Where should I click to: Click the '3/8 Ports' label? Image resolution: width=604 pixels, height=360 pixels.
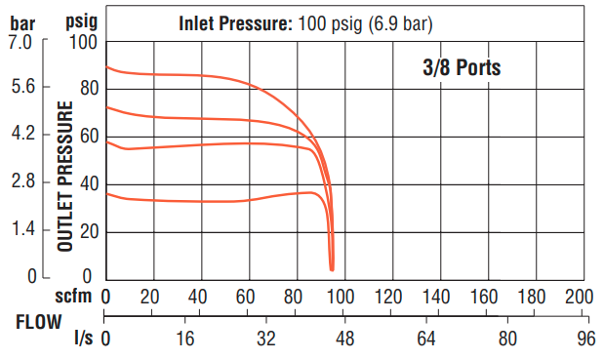[461, 69]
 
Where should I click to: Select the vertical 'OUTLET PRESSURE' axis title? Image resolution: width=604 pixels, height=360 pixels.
[67, 180]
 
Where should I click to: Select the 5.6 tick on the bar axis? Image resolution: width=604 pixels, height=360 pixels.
[23, 88]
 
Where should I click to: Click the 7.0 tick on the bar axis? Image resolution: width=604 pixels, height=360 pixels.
[22, 43]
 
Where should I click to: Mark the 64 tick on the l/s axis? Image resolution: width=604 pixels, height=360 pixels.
[425, 339]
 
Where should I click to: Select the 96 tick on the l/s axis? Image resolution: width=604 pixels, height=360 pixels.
[585, 339]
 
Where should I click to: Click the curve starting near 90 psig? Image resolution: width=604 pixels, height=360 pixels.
[195, 75]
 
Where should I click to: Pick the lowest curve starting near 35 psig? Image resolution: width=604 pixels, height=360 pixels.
[195, 201]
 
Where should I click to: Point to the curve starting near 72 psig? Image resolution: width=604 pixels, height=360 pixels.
[195, 119]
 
